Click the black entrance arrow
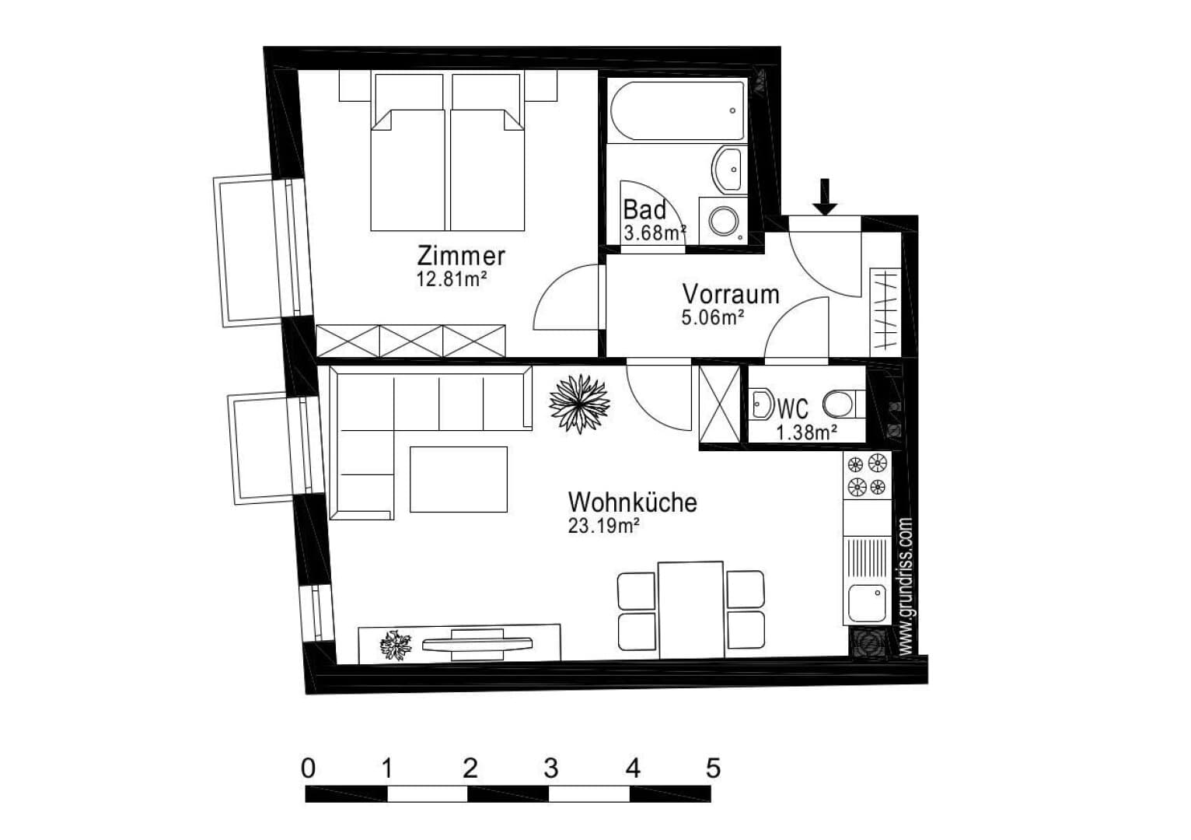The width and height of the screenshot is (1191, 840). point(825,197)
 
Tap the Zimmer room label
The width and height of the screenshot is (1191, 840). point(460,256)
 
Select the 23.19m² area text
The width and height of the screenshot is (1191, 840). point(603,526)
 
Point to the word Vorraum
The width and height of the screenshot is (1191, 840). point(731,294)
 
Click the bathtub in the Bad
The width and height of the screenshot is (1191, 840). point(677,110)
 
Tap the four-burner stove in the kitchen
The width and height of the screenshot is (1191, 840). point(867,474)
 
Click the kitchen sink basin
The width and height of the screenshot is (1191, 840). point(868,604)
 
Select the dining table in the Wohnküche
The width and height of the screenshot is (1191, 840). point(691,611)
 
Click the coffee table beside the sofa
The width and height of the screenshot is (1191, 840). point(459,479)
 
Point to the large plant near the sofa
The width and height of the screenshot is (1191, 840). point(579,403)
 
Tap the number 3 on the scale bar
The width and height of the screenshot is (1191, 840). point(551,768)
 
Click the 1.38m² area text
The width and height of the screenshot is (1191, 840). point(807,432)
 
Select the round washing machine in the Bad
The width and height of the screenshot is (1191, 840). point(724,221)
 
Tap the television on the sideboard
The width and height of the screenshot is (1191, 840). point(477,645)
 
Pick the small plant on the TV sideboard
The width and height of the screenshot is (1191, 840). point(396,646)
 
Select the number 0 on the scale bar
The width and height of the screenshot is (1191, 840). point(308,768)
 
